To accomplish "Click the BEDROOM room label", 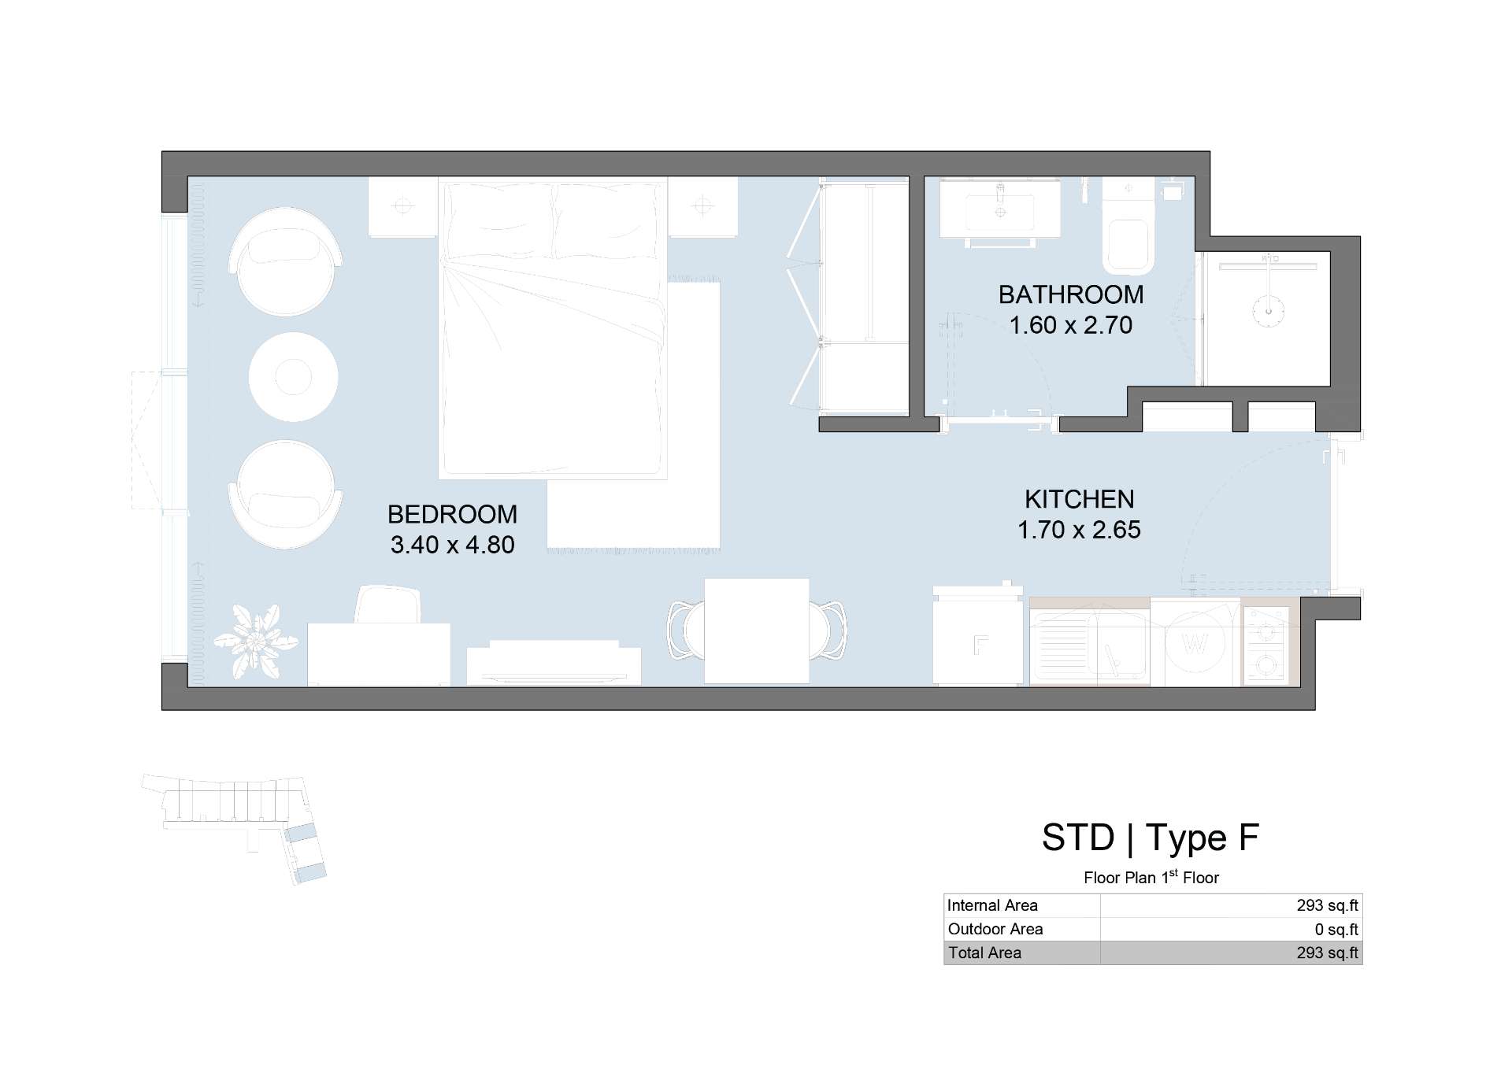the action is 452,514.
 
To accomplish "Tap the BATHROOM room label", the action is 1071,294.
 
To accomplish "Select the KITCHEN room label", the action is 1079,499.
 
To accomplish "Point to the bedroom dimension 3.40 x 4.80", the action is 452,545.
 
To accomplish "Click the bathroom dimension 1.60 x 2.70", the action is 1071,325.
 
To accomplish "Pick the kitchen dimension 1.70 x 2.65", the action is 1079,530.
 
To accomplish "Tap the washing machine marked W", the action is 1195,642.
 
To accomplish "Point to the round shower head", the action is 1269,310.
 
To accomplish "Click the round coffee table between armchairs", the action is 294,377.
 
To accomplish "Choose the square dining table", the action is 757,631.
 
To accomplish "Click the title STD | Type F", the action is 1151,838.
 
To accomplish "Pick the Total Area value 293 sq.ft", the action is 1327,952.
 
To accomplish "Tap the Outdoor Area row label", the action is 995,929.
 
